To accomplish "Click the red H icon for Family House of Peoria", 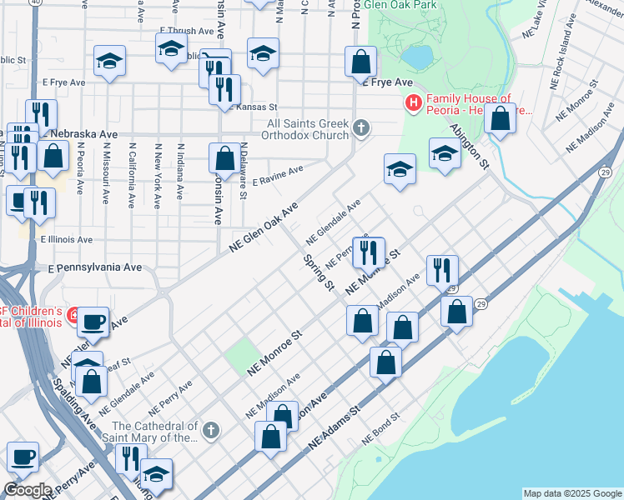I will [x=412, y=103].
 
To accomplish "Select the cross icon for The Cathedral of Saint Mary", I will [x=212, y=431].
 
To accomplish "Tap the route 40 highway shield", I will [x=33, y=3].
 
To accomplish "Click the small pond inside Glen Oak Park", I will [x=416, y=56].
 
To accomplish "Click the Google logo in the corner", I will [x=28, y=490].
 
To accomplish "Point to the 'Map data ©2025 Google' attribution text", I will [x=571, y=493].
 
